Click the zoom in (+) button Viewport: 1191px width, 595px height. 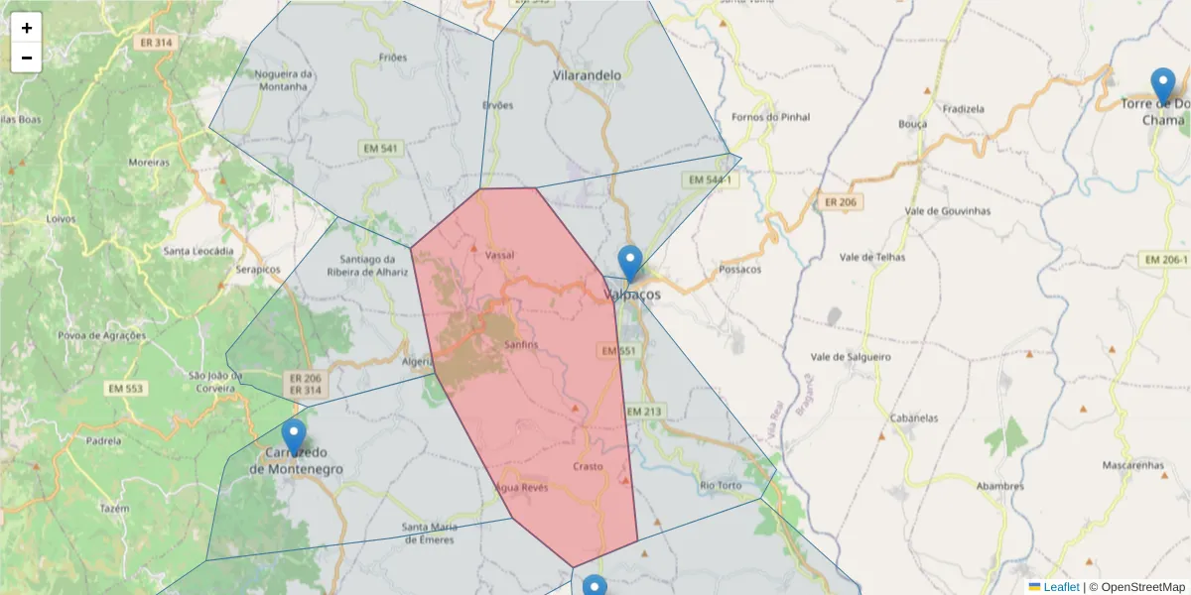[27, 28]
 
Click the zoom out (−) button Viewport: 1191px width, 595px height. [27, 58]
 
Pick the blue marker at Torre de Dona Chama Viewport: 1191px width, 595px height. [1162, 86]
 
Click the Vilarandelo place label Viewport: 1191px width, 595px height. [587, 74]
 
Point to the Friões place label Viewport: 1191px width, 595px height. [393, 58]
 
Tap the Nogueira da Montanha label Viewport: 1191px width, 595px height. [283, 80]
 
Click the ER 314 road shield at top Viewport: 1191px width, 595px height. [157, 43]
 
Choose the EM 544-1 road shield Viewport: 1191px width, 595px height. [709, 180]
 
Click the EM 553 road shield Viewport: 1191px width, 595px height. [127, 389]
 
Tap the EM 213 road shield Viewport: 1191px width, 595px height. [644, 411]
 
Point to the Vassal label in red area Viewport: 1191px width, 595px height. [499, 255]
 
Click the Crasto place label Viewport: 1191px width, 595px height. [588, 466]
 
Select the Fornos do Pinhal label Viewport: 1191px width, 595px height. [770, 117]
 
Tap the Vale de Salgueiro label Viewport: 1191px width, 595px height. [851, 357]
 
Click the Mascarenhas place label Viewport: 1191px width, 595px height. [1132, 464]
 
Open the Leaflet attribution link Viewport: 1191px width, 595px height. [1061, 587]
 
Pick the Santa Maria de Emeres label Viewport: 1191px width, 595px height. [428, 533]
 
